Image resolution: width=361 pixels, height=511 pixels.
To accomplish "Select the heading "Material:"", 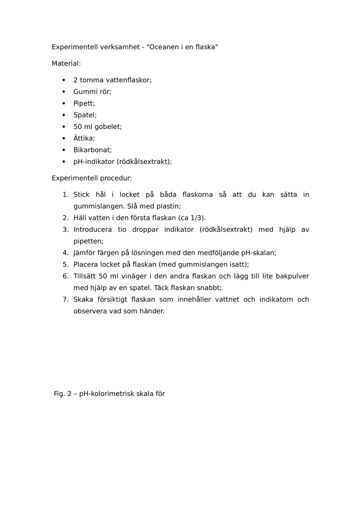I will [x=66, y=64].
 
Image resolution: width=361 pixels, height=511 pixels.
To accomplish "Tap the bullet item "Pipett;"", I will [x=84, y=103].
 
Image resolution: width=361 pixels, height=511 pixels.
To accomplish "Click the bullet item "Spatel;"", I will [x=85, y=115].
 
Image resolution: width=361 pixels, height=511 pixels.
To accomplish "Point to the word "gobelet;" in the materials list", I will [x=108, y=127].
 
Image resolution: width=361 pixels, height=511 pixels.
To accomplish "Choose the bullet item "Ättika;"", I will [x=84, y=138].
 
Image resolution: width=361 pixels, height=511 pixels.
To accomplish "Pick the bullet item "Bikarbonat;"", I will [x=92, y=150].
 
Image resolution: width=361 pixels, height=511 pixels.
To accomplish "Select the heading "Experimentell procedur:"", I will [x=92, y=178].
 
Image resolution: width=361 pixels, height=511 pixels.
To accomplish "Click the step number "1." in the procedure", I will [x=65, y=195].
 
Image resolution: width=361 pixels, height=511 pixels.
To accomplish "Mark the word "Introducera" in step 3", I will [x=92, y=230].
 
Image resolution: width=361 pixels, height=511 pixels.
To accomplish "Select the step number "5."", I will [x=65, y=264].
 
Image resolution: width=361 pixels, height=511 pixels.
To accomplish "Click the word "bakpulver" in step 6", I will [x=292, y=276].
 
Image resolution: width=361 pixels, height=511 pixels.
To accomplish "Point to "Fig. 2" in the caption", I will [x=62, y=394].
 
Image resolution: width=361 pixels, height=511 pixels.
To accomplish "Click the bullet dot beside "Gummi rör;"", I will [x=64, y=92].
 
